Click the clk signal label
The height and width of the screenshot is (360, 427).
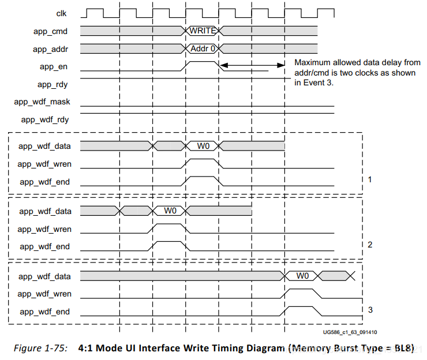pyautogui.click(x=61, y=13)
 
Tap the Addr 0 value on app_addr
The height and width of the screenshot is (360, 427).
pyautogui.click(x=203, y=48)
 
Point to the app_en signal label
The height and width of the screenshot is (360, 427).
pyautogui.click(x=53, y=67)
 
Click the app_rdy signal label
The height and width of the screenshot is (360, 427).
pyautogui.click(x=53, y=85)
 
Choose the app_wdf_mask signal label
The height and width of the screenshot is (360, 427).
pyautogui.click(x=42, y=102)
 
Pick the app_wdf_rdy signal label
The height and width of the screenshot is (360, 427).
pyautogui.click(x=45, y=120)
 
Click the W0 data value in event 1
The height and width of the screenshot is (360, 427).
pyautogui.click(x=203, y=146)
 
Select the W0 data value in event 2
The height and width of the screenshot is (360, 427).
pyautogui.click(x=170, y=211)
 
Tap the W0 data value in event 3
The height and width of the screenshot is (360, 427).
pyautogui.click(x=302, y=276)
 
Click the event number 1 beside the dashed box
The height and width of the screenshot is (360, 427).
pyautogui.click(x=370, y=179)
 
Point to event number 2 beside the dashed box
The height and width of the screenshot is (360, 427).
pyautogui.click(x=370, y=245)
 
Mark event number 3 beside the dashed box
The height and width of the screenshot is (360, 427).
pyautogui.click(x=370, y=310)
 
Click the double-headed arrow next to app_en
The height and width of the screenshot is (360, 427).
pyautogui.click(x=252, y=65)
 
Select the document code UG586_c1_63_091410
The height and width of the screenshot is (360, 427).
pyautogui.click(x=350, y=332)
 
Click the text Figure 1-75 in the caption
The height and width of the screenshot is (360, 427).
pyautogui.click(x=40, y=348)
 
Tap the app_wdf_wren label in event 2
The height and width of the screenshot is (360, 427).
pyautogui.click(x=44, y=229)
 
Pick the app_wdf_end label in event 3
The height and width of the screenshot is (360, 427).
pyautogui.click(x=44, y=312)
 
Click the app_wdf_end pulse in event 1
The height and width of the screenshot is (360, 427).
pyautogui.click(x=202, y=177)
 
